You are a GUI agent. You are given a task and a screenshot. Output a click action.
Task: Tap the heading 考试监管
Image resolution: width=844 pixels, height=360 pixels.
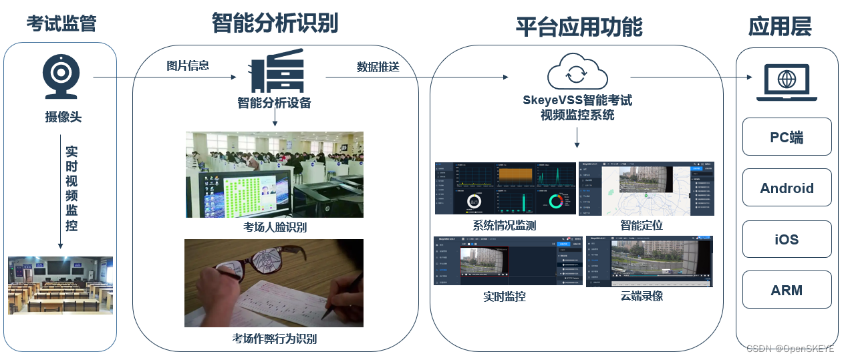coord(61,25)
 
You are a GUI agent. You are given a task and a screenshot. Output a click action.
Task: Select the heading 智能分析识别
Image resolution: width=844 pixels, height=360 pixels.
coord(275,23)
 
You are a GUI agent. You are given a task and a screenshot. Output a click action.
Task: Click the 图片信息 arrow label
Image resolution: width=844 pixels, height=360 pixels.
coord(188,65)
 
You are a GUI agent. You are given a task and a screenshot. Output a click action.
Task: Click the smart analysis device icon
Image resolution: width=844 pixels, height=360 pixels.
coord(276,74)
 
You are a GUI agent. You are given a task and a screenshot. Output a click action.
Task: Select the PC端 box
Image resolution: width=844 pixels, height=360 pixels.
coord(787,137)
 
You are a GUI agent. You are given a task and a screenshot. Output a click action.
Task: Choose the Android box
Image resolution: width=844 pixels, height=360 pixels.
coord(787,188)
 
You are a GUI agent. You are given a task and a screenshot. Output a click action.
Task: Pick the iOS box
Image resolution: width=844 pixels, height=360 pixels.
coord(787,239)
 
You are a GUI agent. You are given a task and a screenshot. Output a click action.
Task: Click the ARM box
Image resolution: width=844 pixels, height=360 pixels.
coord(787,291)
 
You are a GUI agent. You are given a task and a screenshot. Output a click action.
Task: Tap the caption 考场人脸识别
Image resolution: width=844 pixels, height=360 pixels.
coord(275,227)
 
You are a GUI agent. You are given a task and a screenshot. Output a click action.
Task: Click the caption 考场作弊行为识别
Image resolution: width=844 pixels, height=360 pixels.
coord(275,339)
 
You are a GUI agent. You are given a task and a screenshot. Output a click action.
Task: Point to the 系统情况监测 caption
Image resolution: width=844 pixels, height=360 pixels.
coord(505,225)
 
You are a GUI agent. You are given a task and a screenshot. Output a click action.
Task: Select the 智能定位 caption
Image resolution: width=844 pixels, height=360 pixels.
coord(642,225)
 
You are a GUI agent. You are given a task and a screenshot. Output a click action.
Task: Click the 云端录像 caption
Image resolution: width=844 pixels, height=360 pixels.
coord(642,296)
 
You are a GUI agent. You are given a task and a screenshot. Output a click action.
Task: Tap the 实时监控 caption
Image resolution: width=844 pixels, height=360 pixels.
coord(505,296)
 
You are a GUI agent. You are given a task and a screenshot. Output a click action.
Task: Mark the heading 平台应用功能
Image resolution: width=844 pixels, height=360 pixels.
coord(579,27)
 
